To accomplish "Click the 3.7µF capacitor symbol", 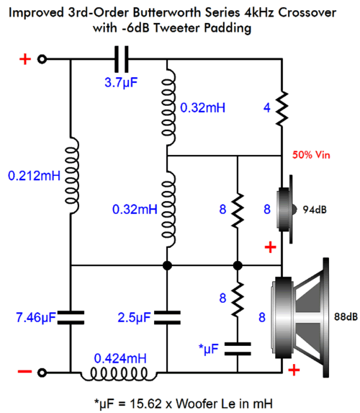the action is (x=121, y=59).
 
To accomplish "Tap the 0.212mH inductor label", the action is (x=35, y=176).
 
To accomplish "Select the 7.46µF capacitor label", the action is (x=36, y=317).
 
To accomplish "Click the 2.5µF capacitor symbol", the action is (x=167, y=317).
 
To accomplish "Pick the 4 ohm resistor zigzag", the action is (x=282, y=108).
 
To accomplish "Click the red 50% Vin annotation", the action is (x=311, y=155).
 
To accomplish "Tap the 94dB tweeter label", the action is (x=315, y=210).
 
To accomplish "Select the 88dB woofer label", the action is (x=346, y=316).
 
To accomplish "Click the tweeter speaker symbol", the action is (x=286, y=210).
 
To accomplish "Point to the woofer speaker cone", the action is (x=300, y=318).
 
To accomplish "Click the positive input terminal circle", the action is (x=42, y=59).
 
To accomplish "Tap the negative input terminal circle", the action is (x=42, y=373).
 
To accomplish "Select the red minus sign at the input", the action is (x=24, y=372).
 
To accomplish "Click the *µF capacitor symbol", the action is (x=238, y=349).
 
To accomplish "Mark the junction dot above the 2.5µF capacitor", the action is (x=167, y=265).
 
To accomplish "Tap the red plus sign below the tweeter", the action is (x=270, y=247).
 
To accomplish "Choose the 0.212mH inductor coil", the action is (x=71, y=176).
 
